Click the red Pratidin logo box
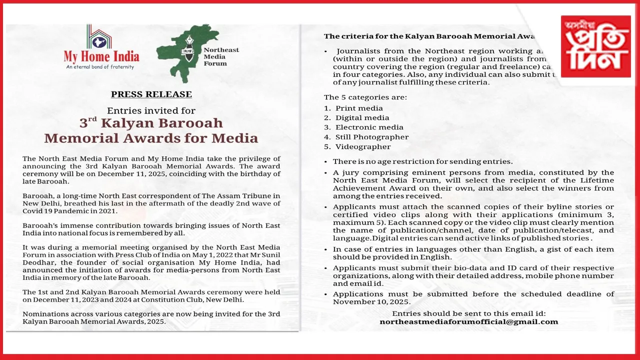(x=595, y=46)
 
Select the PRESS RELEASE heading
(x=151, y=94)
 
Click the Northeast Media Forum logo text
(x=222, y=56)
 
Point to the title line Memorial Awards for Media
(x=151, y=138)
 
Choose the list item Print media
(x=359, y=108)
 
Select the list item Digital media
(x=362, y=117)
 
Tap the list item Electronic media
(x=369, y=127)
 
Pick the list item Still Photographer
(x=372, y=137)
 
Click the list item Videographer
(x=363, y=146)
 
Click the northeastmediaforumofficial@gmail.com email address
(x=468, y=321)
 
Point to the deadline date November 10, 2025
(x=369, y=302)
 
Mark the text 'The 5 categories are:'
(x=365, y=97)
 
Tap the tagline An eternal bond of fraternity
(x=100, y=66)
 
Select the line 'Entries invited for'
(x=151, y=110)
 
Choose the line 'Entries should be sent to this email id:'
(x=468, y=313)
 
